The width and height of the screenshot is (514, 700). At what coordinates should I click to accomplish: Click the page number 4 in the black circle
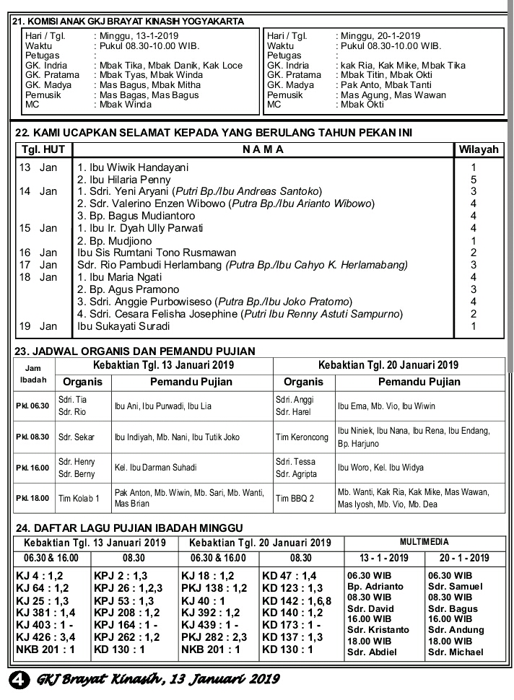tap(18, 681)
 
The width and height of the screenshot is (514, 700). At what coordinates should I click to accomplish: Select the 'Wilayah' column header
tap(479, 150)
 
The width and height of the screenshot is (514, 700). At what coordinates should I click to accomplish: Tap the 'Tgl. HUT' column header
tap(43, 150)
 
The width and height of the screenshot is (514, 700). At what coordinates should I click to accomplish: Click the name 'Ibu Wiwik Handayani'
tap(138, 167)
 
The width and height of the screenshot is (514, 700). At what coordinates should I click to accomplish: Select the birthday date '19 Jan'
tap(38, 326)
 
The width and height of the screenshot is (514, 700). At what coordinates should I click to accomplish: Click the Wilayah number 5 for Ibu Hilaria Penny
tap(474, 180)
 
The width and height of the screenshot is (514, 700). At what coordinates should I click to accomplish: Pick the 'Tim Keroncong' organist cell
tap(302, 437)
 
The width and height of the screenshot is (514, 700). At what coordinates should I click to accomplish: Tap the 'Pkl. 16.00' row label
tap(32, 468)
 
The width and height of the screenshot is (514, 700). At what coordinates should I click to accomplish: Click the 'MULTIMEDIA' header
tap(424, 541)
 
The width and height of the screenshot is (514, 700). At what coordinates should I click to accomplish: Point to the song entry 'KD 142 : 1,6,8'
tap(297, 601)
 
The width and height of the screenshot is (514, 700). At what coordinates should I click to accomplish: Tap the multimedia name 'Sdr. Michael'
tap(456, 652)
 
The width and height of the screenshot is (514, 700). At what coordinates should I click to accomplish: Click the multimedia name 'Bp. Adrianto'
tap(375, 587)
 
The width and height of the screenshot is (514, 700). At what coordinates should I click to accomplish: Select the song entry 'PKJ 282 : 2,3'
tap(214, 638)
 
